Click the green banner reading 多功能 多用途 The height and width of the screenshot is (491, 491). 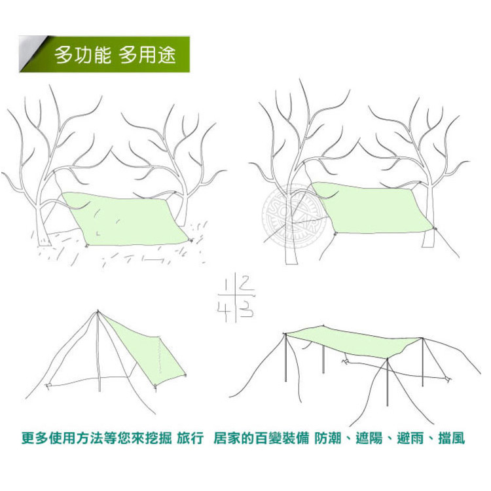pyautogui.click(x=104, y=54)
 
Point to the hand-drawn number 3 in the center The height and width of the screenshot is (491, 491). pyautogui.click(x=246, y=309)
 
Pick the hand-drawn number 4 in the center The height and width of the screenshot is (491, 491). pyautogui.click(x=224, y=309)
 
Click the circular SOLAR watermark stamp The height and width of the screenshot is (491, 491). pyautogui.click(x=293, y=217)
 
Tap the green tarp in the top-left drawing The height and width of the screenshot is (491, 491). pyautogui.click(x=124, y=218)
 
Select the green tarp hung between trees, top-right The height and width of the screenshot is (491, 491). pyautogui.click(x=372, y=208)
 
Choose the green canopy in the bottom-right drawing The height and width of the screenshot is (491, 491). pyautogui.click(x=353, y=341)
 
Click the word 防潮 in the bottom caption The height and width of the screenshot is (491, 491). pyautogui.click(x=328, y=438)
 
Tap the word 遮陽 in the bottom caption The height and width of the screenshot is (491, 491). pyautogui.click(x=369, y=438)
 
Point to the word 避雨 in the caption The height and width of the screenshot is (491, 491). pyautogui.click(x=410, y=438)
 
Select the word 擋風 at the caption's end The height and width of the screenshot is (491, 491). pyautogui.click(x=452, y=438)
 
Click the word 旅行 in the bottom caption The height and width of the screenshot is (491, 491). pyautogui.click(x=190, y=438)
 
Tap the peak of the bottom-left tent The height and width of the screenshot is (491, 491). pyautogui.click(x=98, y=310)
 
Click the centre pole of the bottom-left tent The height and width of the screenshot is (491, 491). pyautogui.click(x=99, y=351)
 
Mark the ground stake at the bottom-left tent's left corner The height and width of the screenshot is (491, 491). pyautogui.click(x=48, y=385)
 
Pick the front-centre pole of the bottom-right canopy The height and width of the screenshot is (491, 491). pyautogui.click(x=388, y=382)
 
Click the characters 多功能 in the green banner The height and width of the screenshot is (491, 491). pyautogui.click(x=82, y=55)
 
